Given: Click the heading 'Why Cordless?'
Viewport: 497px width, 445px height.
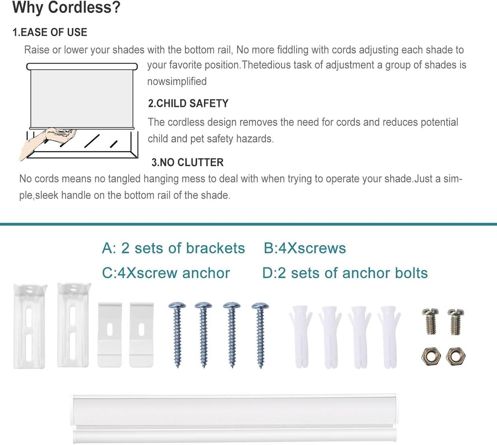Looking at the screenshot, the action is (x=66, y=7).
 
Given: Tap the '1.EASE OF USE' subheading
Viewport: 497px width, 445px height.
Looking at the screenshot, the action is (x=50, y=32).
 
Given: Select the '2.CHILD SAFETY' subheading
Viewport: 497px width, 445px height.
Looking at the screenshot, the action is (x=188, y=103).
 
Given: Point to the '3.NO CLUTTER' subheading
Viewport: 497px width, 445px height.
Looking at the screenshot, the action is (x=187, y=163).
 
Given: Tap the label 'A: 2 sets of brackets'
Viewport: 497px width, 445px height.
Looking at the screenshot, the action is (x=173, y=248).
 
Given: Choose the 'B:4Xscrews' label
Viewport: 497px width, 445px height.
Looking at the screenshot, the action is (x=305, y=248).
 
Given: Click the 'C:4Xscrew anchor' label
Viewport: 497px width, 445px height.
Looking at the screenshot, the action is (x=166, y=273).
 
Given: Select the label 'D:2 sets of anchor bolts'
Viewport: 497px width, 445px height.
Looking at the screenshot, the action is (x=345, y=273).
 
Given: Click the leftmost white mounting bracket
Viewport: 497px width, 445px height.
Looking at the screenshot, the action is (x=29, y=326).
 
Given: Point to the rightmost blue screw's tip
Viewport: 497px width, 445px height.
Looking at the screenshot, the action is (x=261, y=366).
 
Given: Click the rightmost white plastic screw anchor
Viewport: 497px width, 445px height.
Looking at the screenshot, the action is (x=389, y=337).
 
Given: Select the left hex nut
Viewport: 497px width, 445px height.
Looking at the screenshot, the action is (x=430, y=356).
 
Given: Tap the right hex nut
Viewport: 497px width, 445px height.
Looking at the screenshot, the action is (x=455, y=356).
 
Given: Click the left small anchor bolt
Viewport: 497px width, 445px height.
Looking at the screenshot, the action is (x=430, y=321).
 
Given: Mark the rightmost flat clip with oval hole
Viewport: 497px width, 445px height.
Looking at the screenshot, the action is (x=141, y=335).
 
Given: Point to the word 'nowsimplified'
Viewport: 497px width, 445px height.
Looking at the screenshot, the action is (x=177, y=81).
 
